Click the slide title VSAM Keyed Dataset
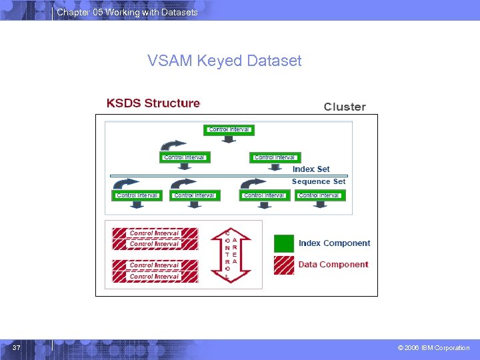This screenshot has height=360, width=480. (224, 61)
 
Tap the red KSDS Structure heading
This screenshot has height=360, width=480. (153, 103)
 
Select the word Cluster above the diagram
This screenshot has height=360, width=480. (345, 107)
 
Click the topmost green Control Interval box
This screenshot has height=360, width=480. (229, 129)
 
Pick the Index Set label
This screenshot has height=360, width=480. (311, 169)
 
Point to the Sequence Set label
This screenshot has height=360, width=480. (319, 181)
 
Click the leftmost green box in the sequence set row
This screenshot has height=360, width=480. (137, 195)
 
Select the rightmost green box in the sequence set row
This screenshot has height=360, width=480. (319, 195)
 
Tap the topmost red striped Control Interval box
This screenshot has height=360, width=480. (155, 233)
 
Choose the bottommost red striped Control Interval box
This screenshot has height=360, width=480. (155, 276)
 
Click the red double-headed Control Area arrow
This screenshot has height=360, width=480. (230, 255)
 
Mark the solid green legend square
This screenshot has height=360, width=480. (283, 243)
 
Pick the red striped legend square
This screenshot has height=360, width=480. (283, 265)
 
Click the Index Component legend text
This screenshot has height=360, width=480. (334, 243)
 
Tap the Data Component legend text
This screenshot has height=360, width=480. (333, 265)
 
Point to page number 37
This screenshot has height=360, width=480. (16, 348)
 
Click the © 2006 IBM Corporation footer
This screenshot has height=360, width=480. (433, 348)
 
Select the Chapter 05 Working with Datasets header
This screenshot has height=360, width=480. (127, 12)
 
